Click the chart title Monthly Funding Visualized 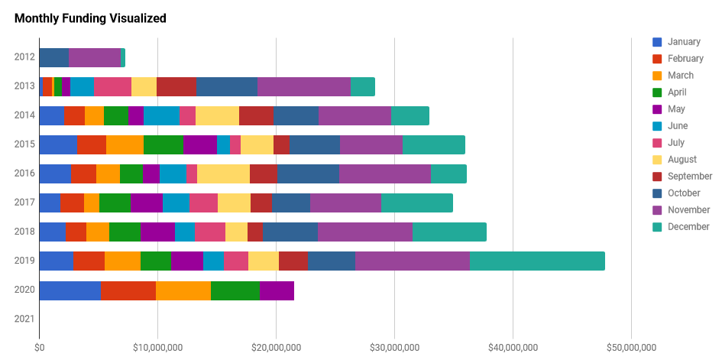pyautogui.click(x=90, y=18)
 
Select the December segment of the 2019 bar pyautogui.click(x=537, y=261)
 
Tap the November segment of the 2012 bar pyautogui.click(x=94, y=57)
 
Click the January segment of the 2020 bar pyautogui.click(x=70, y=290)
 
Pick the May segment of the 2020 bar pyautogui.click(x=277, y=290)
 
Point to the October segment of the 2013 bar pyautogui.click(x=227, y=86)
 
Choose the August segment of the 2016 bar pyautogui.click(x=223, y=174)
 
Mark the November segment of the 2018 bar pyautogui.click(x=364, y=232)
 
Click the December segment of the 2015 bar pyautogui.click(x=433, y=144)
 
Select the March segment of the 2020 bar pyautogui.click(x=183, y=290)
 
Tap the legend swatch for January pyautogui.click(x=657, y=42)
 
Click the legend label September pyautogui.click(x=689, y=177)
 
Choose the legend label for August pyautogui.click(x=682, y=160)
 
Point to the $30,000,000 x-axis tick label pyautogui.click(x=394, y=348)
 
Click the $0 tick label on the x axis pyautogui.click(x=39, y=348)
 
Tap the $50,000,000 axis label pyautogui.click(x=631, y=348)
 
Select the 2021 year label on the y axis pyautogui.click(x=24, y=319)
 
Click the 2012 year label pyautogui.click(x=24, y=57)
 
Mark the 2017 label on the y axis pyautogui.click(x=24, y=203)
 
